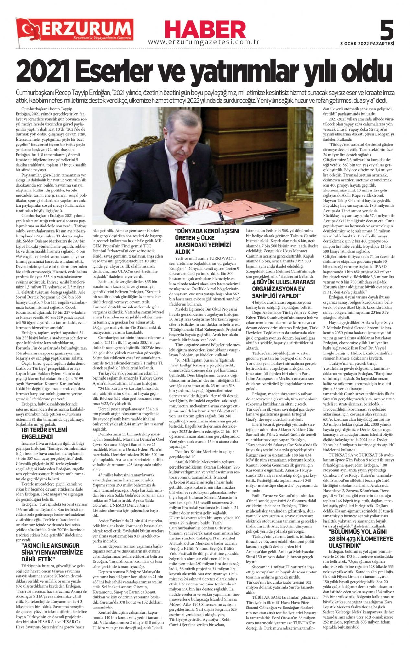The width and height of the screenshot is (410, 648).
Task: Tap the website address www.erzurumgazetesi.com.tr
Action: [204, 42]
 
